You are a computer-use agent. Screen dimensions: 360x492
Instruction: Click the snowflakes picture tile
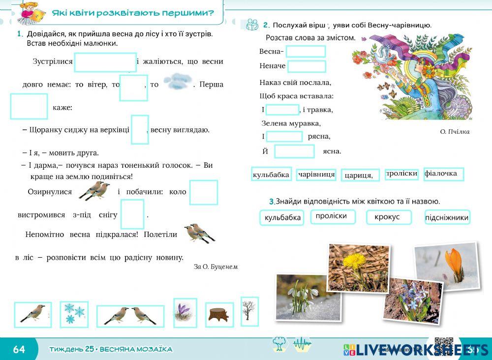tap(74, 314)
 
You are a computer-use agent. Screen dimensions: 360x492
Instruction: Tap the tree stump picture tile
tap(219, 315)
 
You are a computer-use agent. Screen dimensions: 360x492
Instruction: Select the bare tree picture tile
tap(249, 311)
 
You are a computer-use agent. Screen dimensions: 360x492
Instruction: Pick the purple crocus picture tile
tap(185, 313)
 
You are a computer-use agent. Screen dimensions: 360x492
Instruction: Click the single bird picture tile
tap(33, 315)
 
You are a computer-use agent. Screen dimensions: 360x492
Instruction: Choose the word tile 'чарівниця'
tap(316, 175)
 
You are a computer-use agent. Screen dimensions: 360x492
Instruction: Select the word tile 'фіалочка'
tap(443, 174)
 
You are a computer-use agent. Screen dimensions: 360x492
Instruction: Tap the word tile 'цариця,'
tap(360, 175)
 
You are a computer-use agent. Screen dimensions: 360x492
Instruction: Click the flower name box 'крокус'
tap(388, 217)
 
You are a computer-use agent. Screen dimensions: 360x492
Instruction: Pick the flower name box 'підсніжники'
tap(447, 217)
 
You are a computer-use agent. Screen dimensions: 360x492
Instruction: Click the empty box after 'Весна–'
tap(306, 51)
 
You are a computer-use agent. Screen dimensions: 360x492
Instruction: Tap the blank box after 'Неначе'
tap(307, 66)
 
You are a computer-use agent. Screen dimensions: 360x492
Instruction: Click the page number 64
tap(19, 349)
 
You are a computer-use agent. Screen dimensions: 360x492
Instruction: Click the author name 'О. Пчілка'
tap(455, 132)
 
